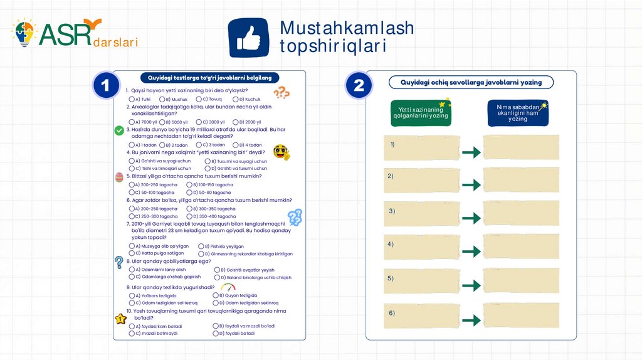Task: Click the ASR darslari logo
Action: [74, 34]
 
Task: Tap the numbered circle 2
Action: [359, 85]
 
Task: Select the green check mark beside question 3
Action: [119, 130]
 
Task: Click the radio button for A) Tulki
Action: [132, 99]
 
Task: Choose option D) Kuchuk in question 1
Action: [236, 99]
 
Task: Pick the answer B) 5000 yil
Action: [162, 122]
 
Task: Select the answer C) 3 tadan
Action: [198, 145]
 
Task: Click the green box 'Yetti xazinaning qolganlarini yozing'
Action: [421, 113]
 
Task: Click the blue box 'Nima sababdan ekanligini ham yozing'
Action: [517, 113]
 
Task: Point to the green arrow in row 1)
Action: [471, 152]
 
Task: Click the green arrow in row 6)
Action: [471, 320]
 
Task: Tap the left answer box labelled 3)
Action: [421, 214]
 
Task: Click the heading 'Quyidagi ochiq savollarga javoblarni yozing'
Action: [471, 82]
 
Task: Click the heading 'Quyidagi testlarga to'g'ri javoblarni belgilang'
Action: [209, 78]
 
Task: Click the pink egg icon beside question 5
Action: [119, 177]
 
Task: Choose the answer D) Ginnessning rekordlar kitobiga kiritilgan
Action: [201, 254]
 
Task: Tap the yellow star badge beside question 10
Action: [120, 318]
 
